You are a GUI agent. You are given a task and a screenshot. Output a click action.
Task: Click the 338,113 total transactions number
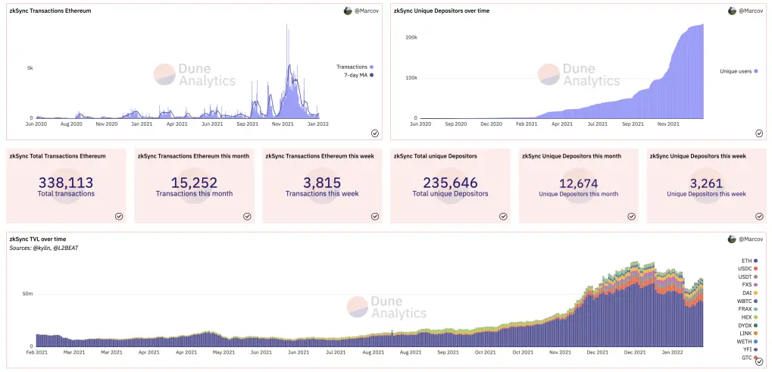point(65,183)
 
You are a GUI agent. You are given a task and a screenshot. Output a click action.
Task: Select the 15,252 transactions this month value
point(194,183)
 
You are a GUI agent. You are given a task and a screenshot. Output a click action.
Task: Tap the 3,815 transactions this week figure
point(322,183)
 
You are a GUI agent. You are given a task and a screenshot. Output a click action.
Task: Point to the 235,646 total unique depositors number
point(450,183)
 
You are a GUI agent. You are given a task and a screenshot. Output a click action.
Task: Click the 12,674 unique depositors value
point(579,184)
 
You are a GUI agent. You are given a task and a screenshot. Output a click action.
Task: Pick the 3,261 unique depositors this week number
point(707,184)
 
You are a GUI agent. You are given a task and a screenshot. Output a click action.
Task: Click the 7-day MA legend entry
point(358,75)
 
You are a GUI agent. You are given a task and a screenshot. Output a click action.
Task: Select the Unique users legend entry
point(739,71)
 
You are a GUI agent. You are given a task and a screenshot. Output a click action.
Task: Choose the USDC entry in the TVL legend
point(748,269)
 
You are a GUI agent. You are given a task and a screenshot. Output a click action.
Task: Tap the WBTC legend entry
point(748,301)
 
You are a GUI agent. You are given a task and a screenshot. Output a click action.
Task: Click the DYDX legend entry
point(748,325)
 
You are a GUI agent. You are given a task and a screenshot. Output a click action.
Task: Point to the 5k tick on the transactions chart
point(30,67)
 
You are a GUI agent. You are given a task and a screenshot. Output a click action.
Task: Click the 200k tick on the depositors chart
point(411,37)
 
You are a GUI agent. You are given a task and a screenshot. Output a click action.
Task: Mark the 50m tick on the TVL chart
point(27,294)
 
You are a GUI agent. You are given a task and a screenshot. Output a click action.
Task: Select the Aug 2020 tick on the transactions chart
point(71,124)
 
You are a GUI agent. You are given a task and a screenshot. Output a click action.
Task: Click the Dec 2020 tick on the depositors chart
point(491,124)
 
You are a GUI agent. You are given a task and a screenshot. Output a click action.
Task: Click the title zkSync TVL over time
point(38,239)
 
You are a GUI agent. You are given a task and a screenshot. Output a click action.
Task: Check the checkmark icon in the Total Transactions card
point(119,216)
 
